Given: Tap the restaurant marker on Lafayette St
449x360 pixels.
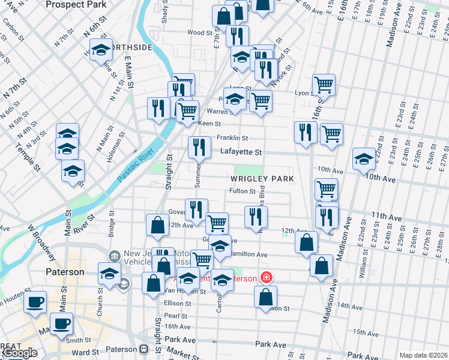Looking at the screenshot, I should coord(198,147).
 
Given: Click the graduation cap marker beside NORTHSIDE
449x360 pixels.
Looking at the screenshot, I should coord(101,49).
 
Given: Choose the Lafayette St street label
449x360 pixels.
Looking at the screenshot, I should coord(240,152).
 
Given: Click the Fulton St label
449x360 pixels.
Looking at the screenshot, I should coord(243,191).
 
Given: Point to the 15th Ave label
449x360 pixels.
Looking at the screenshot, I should coord(367,332).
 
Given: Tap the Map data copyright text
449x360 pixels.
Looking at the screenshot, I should coord(424,355).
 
